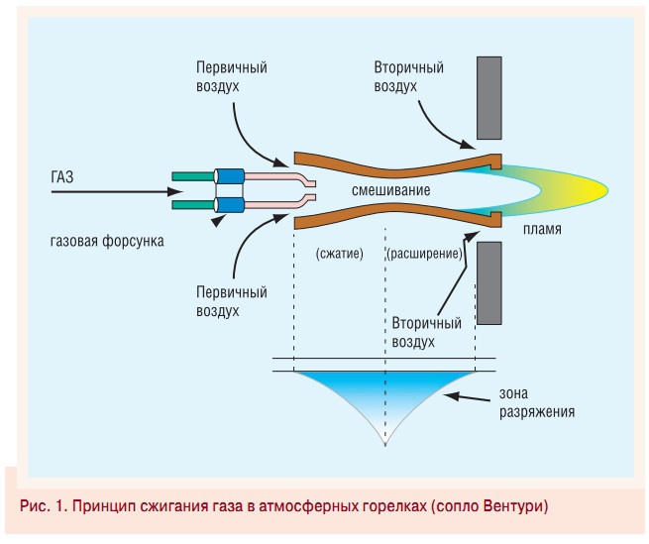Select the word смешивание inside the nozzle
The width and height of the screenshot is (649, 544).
point(390,187)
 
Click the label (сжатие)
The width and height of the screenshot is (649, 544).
point(340,254)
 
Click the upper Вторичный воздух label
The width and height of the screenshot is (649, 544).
point(408,77)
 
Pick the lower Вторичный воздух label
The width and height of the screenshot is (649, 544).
point(427,332)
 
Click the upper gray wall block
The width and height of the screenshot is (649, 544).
point(492,97)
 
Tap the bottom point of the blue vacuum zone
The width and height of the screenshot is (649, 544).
point(383,443)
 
